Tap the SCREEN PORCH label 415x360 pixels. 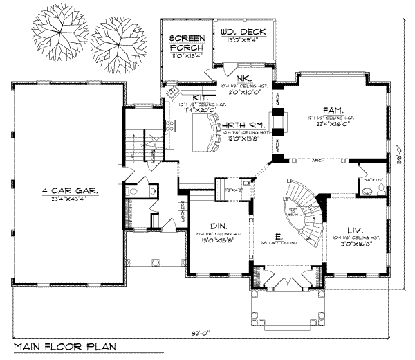point(185,43)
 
